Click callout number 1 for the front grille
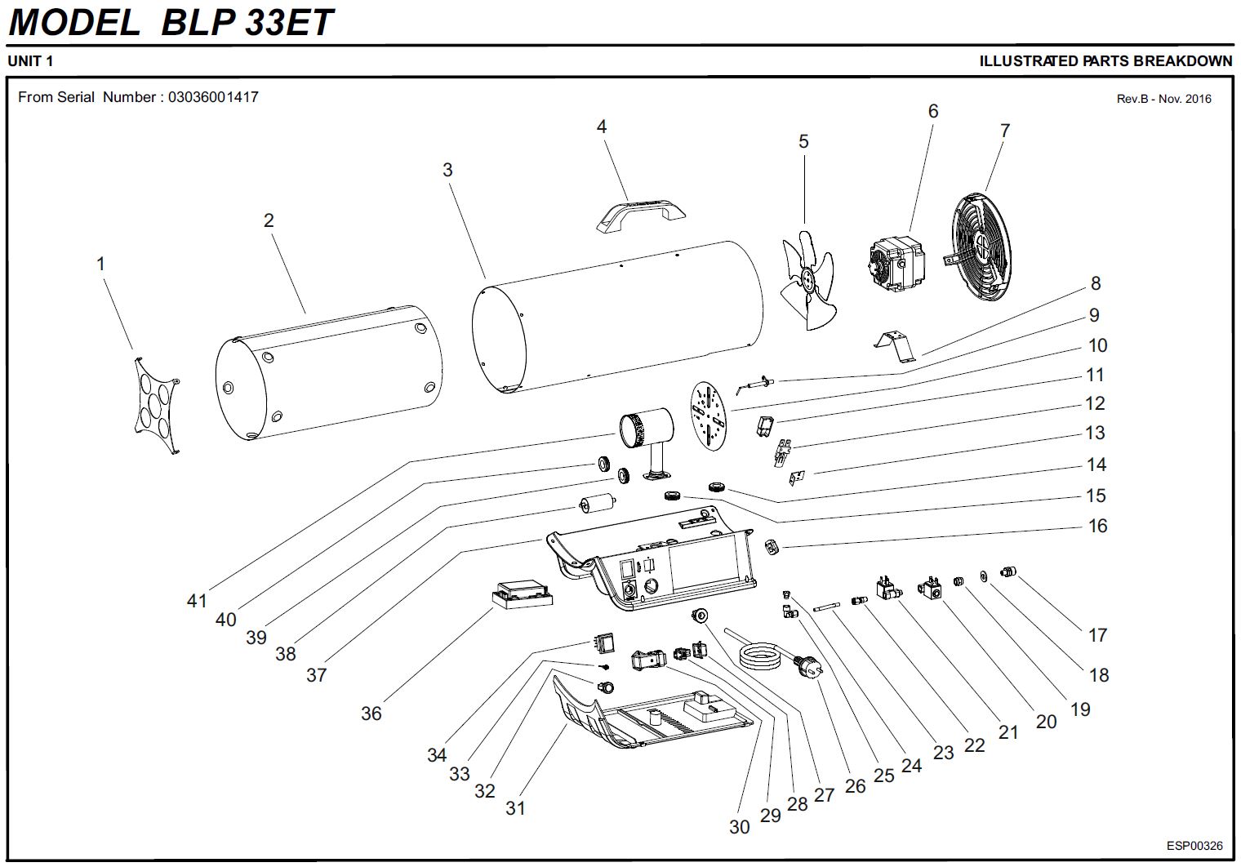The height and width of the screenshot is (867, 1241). pyautogui.click(x=100, y=264)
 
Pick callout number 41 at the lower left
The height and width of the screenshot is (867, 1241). pyautogui.click(x=197, y=601)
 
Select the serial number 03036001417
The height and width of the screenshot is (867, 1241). pyautogui.click(x=213, y=97)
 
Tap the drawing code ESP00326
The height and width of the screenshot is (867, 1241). pyautogui.click(x=1194, y=846)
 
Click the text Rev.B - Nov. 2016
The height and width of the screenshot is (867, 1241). pyautogui.click(x=1163, y=99)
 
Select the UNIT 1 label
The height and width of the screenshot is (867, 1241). pyautogui.click(x=30, y=60)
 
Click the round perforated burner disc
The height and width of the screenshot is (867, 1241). pyautogui.click(x=708, y=415)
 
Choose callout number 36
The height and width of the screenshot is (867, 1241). pyautogui.click(x=371, y=714)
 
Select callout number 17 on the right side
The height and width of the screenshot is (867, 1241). pyautogui.click(x=1097, y=634)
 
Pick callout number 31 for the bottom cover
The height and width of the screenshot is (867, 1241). pyautogui.click(x=514, y=808)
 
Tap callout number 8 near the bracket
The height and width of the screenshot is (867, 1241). pyautogui.click(x=1095, y=283)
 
